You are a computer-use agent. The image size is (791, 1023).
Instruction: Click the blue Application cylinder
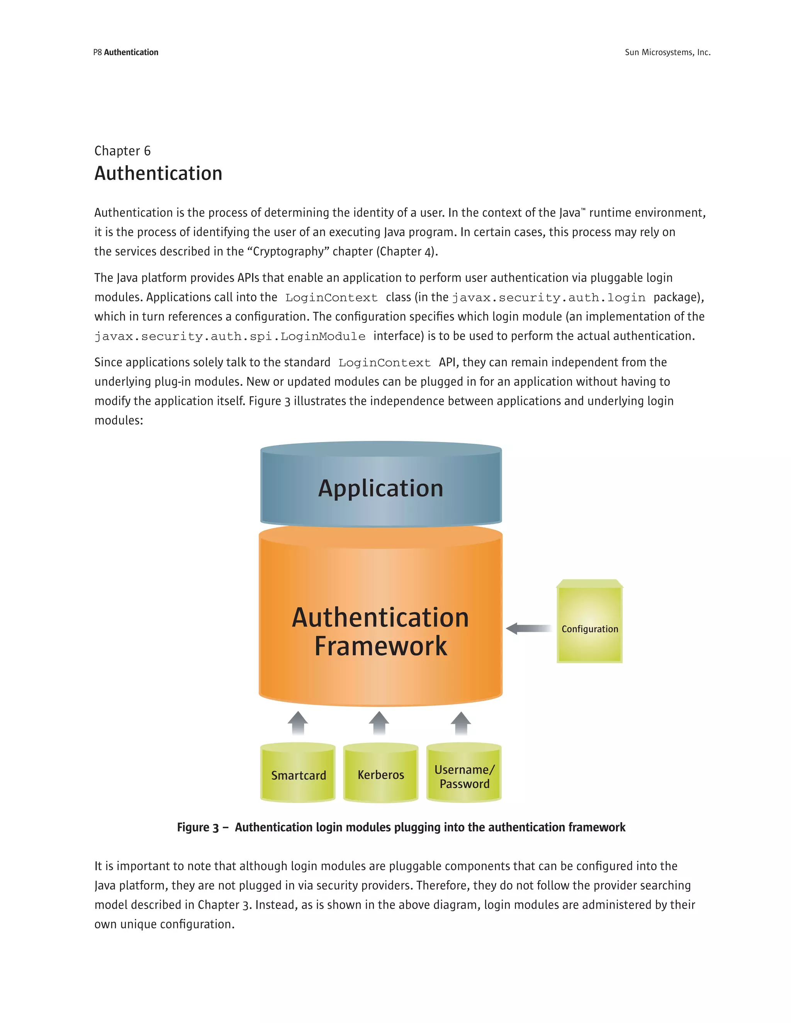(x=380, y=487)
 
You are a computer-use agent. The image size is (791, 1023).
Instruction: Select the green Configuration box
(x=589, y=623)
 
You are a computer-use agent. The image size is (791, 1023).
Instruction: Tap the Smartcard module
(x=298, y=775)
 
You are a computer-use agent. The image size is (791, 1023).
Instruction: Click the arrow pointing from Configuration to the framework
(x=529, y=628)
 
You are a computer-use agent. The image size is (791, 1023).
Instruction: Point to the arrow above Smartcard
(x=298, y=723)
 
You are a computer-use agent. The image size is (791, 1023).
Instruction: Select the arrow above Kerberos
(x=379, y=723)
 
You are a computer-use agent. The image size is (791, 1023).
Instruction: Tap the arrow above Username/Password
(x=461, y=723)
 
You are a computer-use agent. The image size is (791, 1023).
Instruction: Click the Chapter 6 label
(x=122, y=151)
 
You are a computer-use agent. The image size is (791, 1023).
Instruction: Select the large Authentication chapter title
(x=158, y=173)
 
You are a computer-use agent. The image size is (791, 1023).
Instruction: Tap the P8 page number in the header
(x=97, y=53)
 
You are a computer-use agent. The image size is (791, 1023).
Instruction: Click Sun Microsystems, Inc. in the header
(x=667, y=53)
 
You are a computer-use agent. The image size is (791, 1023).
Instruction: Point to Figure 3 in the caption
(x=198, y=827)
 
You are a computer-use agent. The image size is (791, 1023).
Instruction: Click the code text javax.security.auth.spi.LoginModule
(x=230, y=336)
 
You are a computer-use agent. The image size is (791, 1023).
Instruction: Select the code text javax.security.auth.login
(x=548, y=297)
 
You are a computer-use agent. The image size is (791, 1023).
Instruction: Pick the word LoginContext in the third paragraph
(x=384, y=362)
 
